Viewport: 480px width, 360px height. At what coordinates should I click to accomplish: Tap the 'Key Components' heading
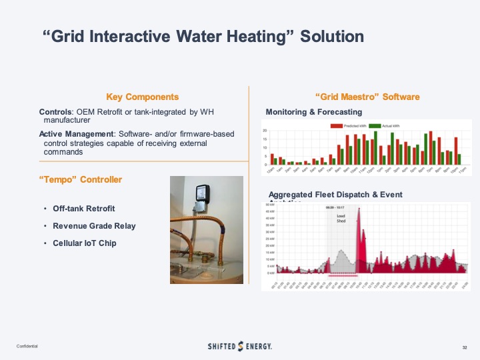pyautogui.click(x=142, y=97)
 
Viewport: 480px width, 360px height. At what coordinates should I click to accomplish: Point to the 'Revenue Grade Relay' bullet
pyautogui.click(x=94, y=226)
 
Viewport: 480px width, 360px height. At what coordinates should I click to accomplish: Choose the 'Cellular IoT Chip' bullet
pyautogui.click(x=85, y=243)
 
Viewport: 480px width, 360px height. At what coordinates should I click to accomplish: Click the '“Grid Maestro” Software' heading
pyautogui.click(x=367, y=97)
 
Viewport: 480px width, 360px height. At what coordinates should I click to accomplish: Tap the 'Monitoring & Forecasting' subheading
pyautogui.click(x=313, y=111)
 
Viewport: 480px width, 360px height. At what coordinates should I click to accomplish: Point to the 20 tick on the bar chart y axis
pyautogui.click(x=265, y=131)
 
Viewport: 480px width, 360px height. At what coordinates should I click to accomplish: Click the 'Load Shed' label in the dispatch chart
pyautogui.click(x=340, y=219)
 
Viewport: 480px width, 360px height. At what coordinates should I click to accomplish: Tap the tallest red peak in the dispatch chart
pyautogui.click(x=359, y=212)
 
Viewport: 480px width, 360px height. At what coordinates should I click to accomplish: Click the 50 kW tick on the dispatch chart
pyautogui.click(x=270, y=205)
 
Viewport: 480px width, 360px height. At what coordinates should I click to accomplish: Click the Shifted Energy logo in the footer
pyautogui.click(x=239, y=346)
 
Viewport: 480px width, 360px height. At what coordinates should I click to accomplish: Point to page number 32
pyautogui.click(x=465, y=347)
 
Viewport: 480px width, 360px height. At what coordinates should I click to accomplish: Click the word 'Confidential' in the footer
pyautogui.click(x=27, y=347)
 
